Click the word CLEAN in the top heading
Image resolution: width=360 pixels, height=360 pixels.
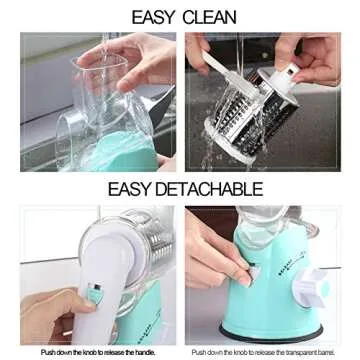click(209, 17)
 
